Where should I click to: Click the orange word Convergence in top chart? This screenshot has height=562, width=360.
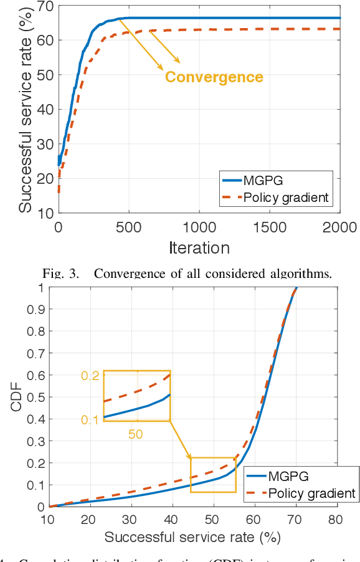[x=214, y=77]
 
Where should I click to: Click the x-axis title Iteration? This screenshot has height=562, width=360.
[x=199, y=247]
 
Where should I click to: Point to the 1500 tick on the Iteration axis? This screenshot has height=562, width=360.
[x=270, y=227]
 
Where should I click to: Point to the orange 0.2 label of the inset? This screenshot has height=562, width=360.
[x=90, y=375]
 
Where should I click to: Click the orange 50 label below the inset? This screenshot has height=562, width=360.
[x=136, y=434]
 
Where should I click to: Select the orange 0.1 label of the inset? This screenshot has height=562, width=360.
[x=90, y=420]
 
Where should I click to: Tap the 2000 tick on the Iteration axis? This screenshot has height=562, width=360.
[x=340, y=227]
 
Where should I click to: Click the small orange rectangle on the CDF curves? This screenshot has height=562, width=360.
[x=213, y=475]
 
